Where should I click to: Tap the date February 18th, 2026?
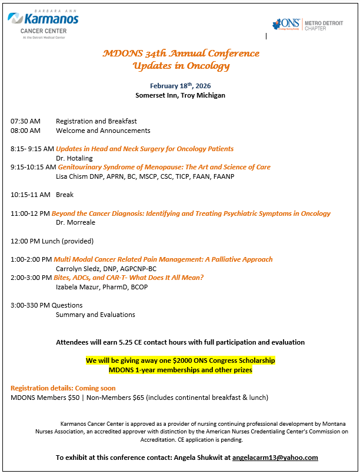tap(180, 86)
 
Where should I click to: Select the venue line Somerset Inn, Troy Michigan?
tap(180, 95)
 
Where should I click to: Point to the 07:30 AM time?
tap(25, 121)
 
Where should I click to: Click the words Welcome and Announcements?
tap(103, 131)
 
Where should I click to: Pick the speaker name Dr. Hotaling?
tap(74, 158)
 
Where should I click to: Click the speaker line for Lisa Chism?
tap(145, 176)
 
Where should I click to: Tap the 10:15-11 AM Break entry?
tap(42, 195)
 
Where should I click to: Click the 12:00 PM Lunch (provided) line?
tap(52, 241)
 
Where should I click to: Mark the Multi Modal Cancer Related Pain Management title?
tap(163, 259)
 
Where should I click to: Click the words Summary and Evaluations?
tap(95, 315)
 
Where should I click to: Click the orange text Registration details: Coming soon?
tap(63, 388)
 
